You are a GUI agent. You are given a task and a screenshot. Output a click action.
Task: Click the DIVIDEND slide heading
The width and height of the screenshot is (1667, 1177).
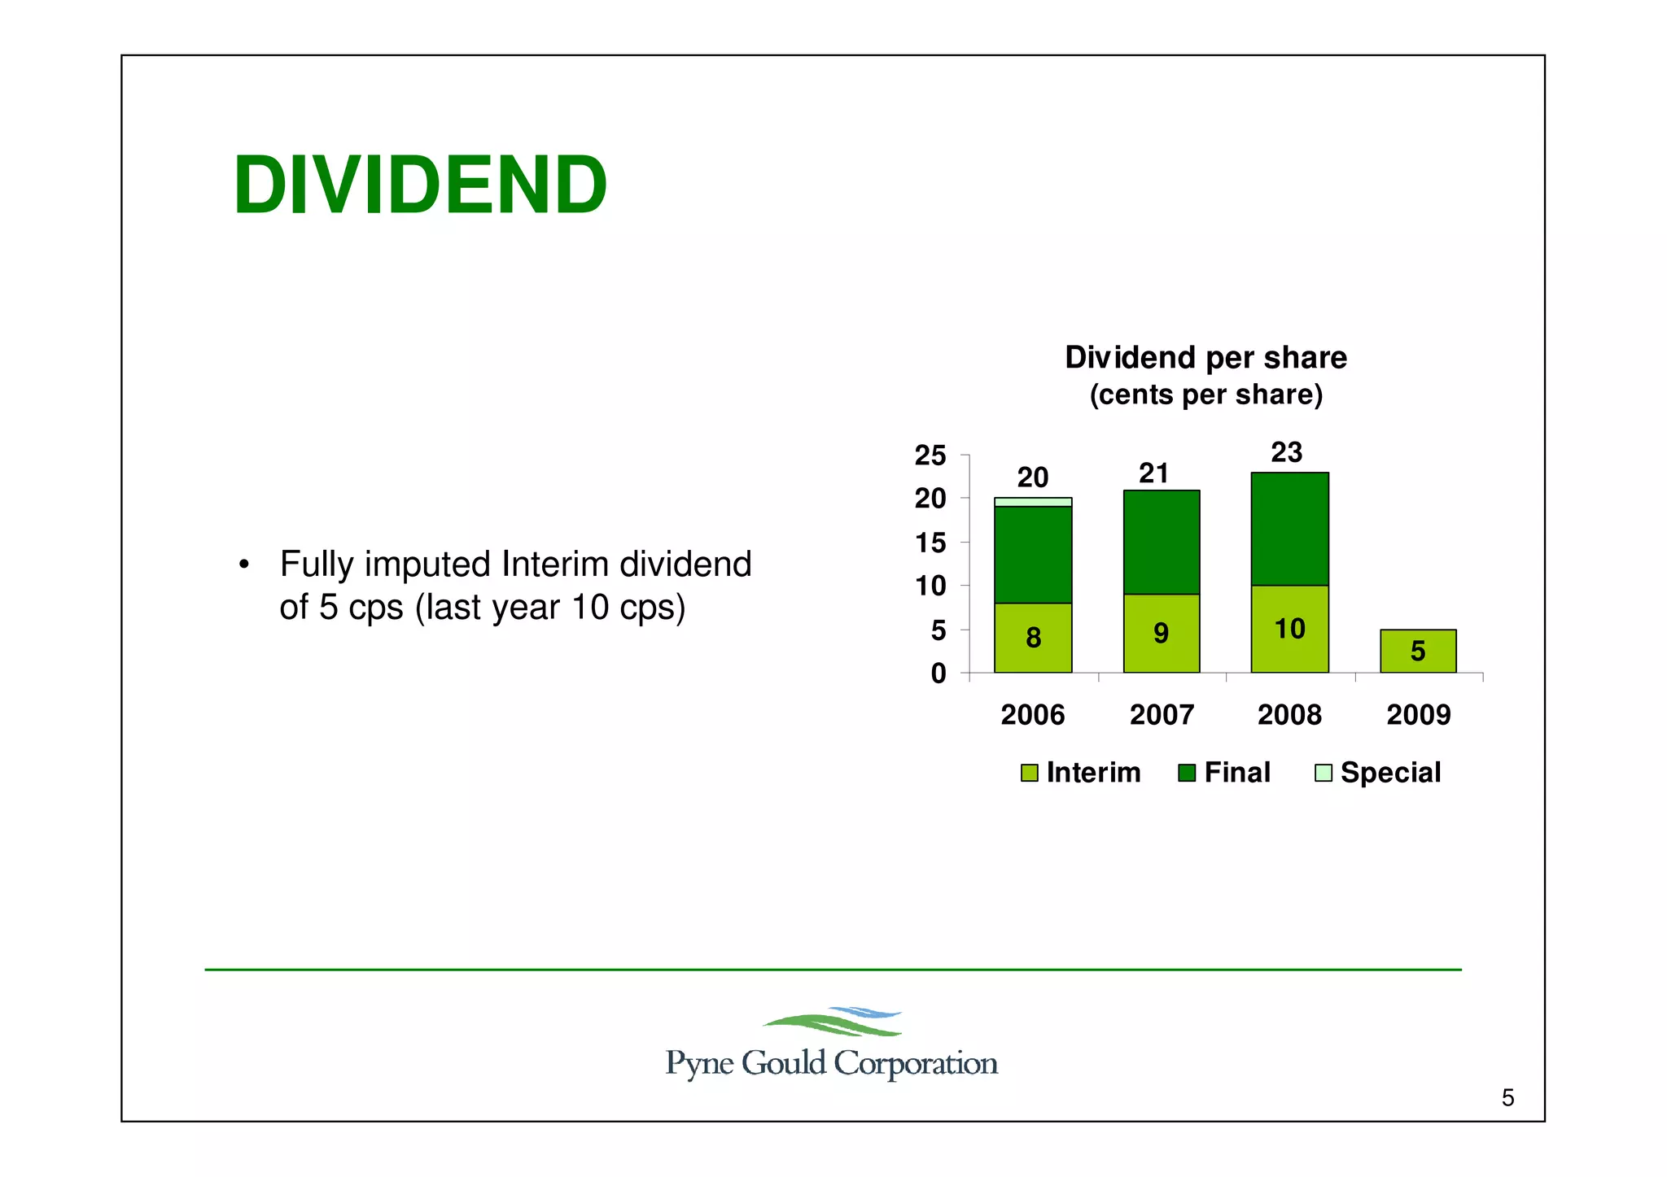point(420,185)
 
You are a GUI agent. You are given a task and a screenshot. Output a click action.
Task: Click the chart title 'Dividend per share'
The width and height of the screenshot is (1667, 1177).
point(1205,358)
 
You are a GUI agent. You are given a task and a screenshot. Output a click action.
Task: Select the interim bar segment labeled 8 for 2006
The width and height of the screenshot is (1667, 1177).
point(1033,638)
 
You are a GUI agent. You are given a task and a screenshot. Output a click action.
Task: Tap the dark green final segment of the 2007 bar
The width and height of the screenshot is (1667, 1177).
point(1162,542)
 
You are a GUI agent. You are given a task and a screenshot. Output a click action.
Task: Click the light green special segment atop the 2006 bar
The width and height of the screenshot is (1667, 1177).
point(1033,502)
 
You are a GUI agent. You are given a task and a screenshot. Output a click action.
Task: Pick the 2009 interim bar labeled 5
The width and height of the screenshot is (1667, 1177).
point(1418,651)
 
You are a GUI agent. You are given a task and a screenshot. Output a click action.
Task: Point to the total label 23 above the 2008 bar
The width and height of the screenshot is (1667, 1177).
point(1287,452)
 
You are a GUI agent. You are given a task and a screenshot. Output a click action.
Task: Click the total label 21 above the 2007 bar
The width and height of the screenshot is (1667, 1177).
point(1153,473)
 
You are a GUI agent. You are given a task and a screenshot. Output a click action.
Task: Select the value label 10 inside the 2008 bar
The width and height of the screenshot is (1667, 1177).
point(1289,629)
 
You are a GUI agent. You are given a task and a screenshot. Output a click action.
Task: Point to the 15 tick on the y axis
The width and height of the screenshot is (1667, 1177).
point(930,543)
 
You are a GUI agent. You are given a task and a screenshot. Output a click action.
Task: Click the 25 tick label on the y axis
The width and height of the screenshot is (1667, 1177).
point(930,456)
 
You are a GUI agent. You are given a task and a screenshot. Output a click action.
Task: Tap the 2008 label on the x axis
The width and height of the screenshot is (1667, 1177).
point(1289,715)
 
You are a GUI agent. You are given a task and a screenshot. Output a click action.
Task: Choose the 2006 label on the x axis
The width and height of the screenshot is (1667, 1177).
point(1032,715)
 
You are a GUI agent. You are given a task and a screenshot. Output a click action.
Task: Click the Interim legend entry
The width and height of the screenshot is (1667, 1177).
point(1081,773)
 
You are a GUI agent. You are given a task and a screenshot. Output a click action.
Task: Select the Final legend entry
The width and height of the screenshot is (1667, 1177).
point(1225,773)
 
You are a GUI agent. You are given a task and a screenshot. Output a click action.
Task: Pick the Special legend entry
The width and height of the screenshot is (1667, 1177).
point(1378,773)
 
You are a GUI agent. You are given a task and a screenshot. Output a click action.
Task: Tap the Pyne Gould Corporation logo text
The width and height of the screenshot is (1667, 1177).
point(831,1063)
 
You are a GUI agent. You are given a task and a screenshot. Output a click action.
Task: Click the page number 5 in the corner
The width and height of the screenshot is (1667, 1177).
point(1507,1098)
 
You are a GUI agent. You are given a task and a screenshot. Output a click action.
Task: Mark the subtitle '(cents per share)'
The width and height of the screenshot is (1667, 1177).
point(1205,395)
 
